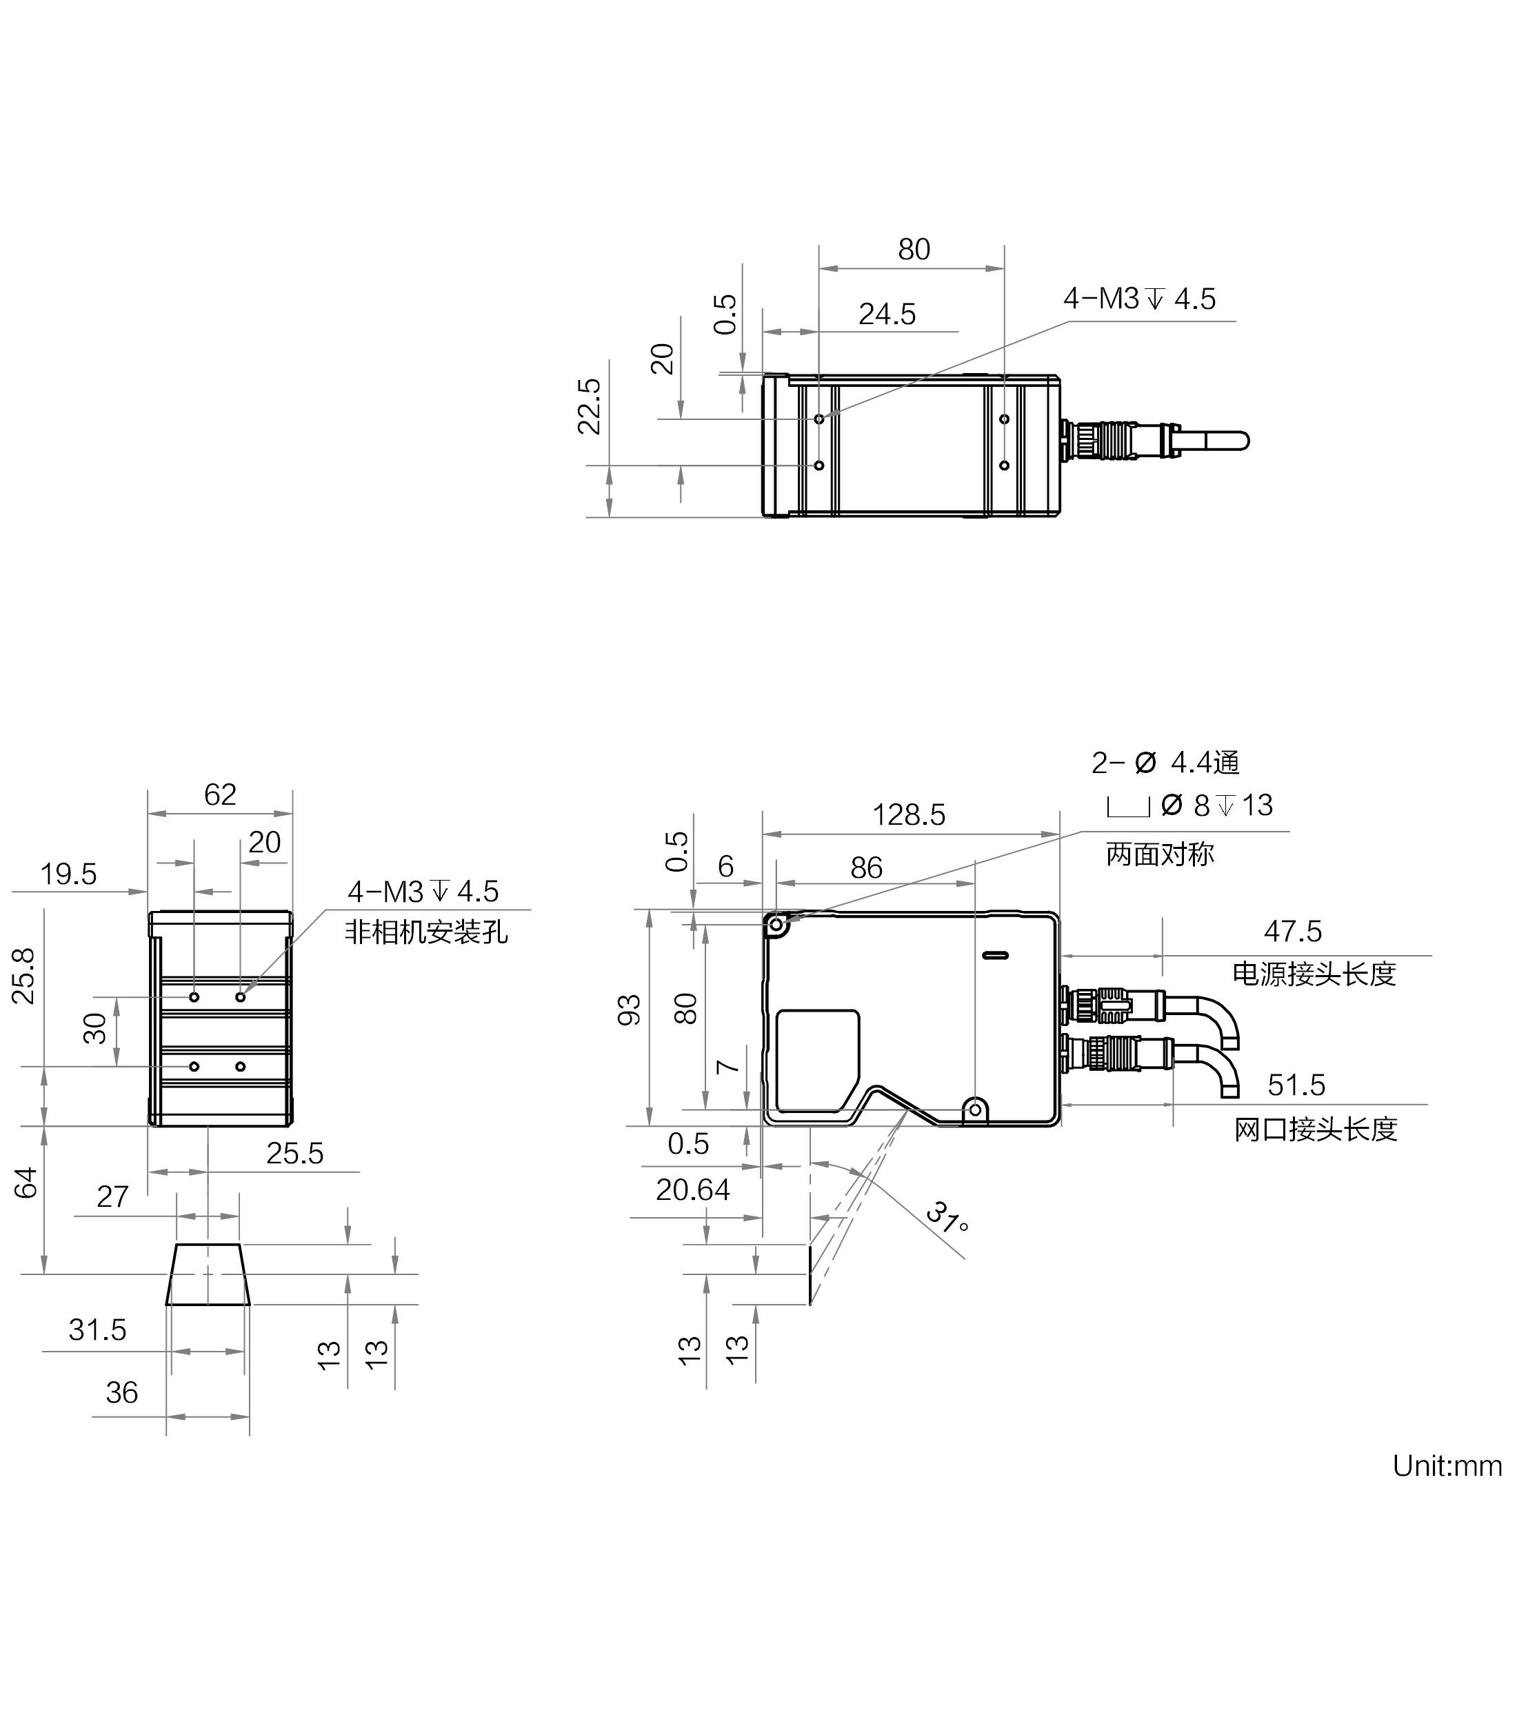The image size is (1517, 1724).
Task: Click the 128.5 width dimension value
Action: [908, 815]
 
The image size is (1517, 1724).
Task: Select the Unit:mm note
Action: [1447, 1465]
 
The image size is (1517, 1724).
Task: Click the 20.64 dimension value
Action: [692, 1190]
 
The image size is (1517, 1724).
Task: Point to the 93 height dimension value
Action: [630, 1010]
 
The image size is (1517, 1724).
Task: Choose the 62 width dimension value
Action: [220, 794]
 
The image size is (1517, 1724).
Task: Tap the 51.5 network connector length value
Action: [1296, 1085]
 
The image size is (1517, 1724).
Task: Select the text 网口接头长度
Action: [1316, 1128]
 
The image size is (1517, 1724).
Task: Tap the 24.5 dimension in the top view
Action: [887, 314]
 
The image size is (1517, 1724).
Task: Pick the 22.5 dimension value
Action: [589, 407]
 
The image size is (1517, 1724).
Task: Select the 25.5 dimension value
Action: [294, 1153]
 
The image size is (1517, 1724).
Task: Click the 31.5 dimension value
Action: [97, 1330]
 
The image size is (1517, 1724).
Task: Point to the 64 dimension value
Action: [26, 1183]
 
